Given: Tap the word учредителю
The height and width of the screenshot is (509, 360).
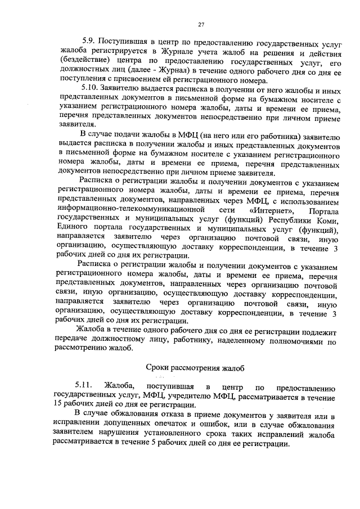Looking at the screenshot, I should (190, 396).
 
